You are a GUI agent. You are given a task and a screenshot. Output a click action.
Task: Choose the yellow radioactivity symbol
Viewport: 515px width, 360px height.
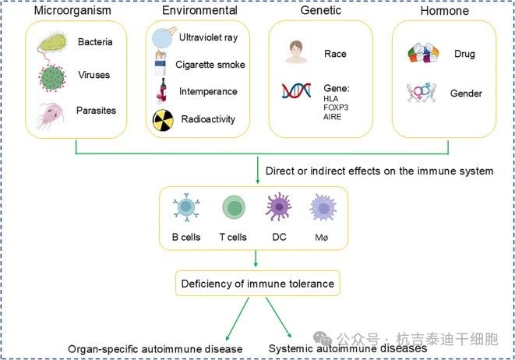click(163, 119)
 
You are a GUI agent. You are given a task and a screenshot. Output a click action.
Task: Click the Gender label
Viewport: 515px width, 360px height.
click(466, 94)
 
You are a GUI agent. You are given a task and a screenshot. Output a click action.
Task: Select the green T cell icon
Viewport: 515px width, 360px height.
click(234, 207)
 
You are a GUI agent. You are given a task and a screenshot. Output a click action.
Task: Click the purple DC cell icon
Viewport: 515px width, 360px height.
click(278, 206)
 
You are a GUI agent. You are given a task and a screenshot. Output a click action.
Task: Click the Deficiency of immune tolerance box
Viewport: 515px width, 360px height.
click(257, 284)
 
